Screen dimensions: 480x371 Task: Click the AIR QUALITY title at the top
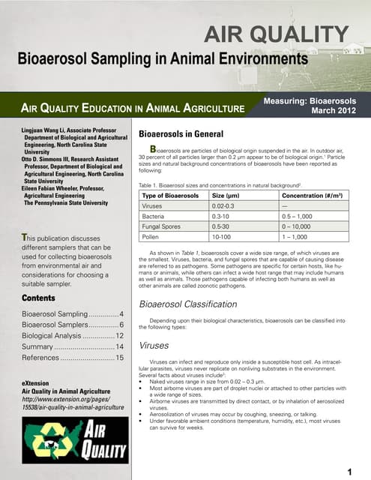(x=277, y=34)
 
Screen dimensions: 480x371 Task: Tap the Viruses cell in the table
(x=154, y=205)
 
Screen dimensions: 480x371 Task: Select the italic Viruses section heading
(x=155, y=346)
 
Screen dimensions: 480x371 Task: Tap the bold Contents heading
(x=39, y=298)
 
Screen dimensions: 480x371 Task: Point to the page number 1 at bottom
(x=350, y=470)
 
